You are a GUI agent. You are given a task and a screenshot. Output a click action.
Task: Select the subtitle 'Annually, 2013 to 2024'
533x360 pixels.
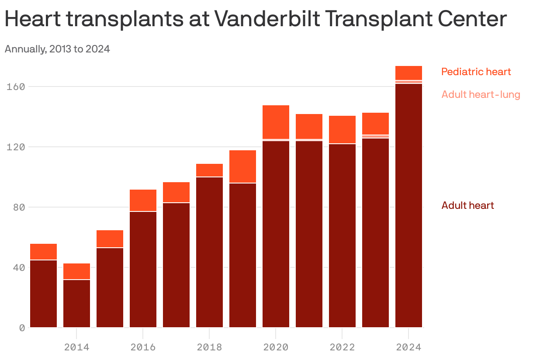click(x=57, y=49)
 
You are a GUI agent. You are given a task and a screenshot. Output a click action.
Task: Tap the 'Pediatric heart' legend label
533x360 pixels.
click(x=476, y=72)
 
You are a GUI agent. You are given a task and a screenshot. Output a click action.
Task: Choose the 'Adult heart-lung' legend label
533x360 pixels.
click(x=481, y=94)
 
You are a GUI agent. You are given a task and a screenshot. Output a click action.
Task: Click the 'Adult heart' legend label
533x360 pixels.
click(x=467, y=205)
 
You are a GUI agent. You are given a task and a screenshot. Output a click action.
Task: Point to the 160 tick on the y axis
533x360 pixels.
click(x=16, y=87)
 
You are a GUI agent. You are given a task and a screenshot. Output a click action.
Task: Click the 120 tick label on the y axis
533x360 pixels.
click(x=16, y=147)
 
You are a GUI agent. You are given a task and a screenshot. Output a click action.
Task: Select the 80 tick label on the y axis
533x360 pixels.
click(x=18, y=207)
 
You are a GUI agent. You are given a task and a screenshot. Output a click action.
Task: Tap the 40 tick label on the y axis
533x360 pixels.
click(x=18, y=267)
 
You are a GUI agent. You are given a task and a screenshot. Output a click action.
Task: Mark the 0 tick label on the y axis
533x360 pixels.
click(x=21, y=328)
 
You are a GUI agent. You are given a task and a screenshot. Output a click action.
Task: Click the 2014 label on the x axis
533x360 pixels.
click(x=76, y=347)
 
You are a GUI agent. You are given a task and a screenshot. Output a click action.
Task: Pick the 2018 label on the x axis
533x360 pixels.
click(x=209, y=347)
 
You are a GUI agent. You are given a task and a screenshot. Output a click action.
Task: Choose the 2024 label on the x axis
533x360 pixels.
click(x=408, y=347)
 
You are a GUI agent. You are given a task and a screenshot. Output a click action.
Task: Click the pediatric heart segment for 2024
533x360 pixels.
click(x=408, y=73)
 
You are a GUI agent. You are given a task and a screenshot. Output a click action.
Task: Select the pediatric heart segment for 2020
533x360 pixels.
click(x=276, y=122)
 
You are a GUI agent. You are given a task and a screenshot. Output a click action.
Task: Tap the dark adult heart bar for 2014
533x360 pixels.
click(x=76, y=304)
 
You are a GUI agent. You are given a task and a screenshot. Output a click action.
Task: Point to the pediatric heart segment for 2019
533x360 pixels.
click(x=242, y=166)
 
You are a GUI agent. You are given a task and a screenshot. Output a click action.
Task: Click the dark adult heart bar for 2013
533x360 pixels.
click(x=43, y=294)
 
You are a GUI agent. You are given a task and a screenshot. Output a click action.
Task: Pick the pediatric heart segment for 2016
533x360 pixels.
click(x=143, y=200)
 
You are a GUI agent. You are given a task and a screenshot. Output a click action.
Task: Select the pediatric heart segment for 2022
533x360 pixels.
click(x=342, y=129)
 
